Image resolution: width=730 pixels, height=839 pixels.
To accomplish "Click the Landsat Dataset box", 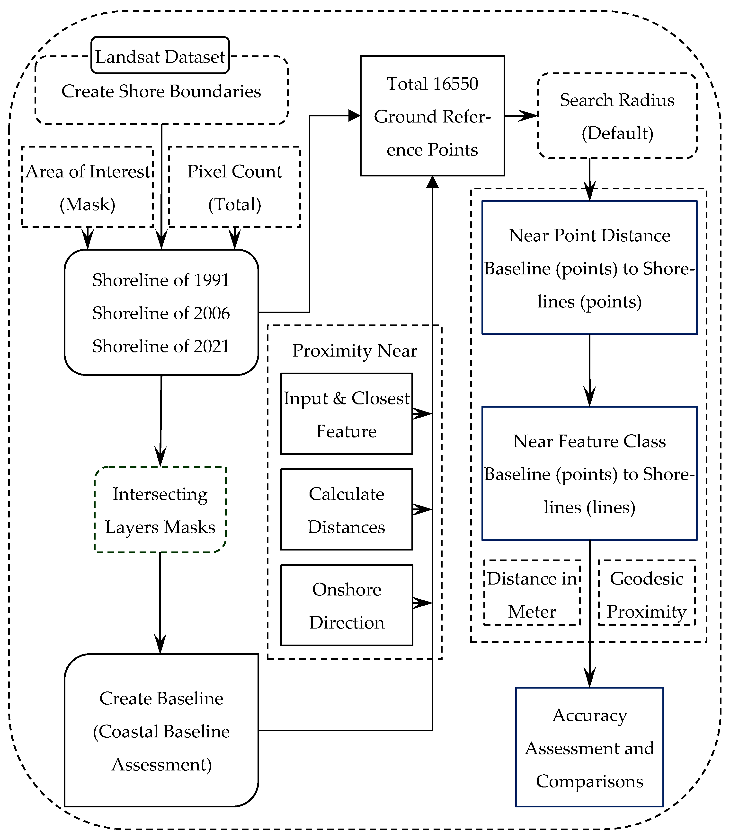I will pyautogui.click(x=160, y=55).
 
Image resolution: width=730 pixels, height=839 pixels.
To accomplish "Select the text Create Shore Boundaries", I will pyautogui.click(x=161, y=91).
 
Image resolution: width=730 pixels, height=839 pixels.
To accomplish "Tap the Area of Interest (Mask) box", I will pyautogui.click(x=88, y=187).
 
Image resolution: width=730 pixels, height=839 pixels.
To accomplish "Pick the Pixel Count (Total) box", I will pyautogui.click(x=235, y=187).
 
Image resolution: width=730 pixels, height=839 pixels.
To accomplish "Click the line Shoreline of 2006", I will pyautogui.click(x=161, y=313).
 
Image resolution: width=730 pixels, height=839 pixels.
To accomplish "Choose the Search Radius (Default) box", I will pyautogui.click(x=617, y=116).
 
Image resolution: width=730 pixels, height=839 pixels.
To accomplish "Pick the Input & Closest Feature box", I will pyautogui.click(x=346, y=414).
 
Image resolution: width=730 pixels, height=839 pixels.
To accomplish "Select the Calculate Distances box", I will pyautogui.click(x=346, y=510).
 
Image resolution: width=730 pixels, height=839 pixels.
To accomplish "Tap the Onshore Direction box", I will pyautogui.click(x=346, y=605).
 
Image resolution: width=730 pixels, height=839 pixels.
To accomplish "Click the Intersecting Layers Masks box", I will pyautogui.click(x=160, y=510).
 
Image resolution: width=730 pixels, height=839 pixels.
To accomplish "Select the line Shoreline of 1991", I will pyautogui.click(x=161, y=280).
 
